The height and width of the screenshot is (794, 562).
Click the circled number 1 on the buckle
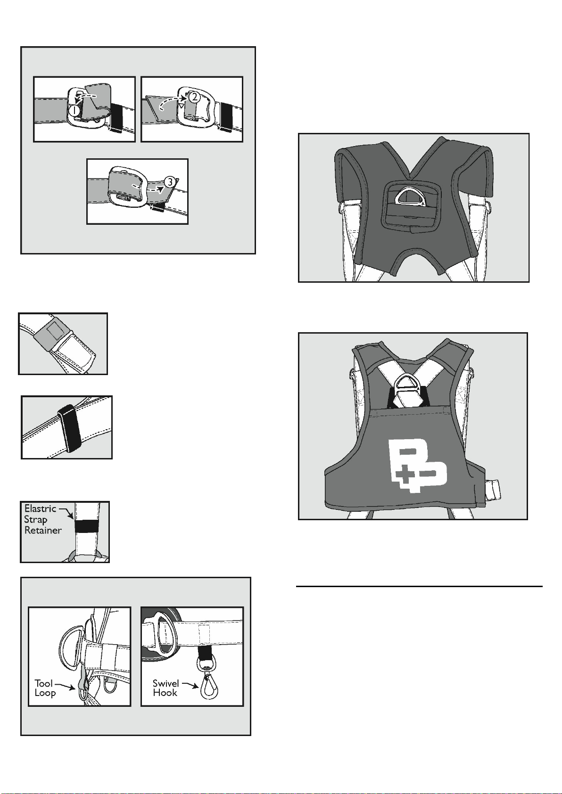click(74, 110)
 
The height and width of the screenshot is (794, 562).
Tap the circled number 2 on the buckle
click(194, 96)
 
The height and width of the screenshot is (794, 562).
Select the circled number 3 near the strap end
click(170, 182)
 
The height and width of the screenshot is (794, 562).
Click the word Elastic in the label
click(40, 508)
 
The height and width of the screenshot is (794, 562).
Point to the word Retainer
click(43, 530)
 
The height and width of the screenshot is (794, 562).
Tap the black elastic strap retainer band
click(87, 527)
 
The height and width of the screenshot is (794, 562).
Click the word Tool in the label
click(43, 683)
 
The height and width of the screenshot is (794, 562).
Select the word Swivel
click(165, 683)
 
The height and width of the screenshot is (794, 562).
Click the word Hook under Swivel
click(165, 693)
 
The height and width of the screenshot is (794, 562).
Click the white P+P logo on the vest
click(418, 466)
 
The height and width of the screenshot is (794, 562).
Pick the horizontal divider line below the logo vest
click(419, 587)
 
